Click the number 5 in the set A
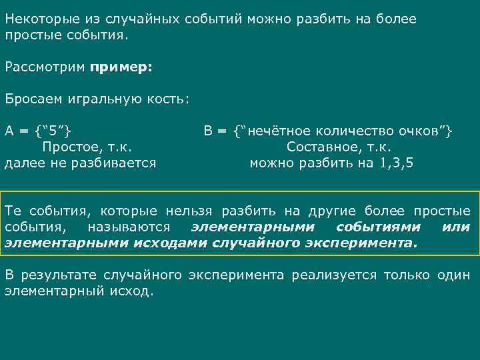click(53, 131)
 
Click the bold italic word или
click(455, 227)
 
